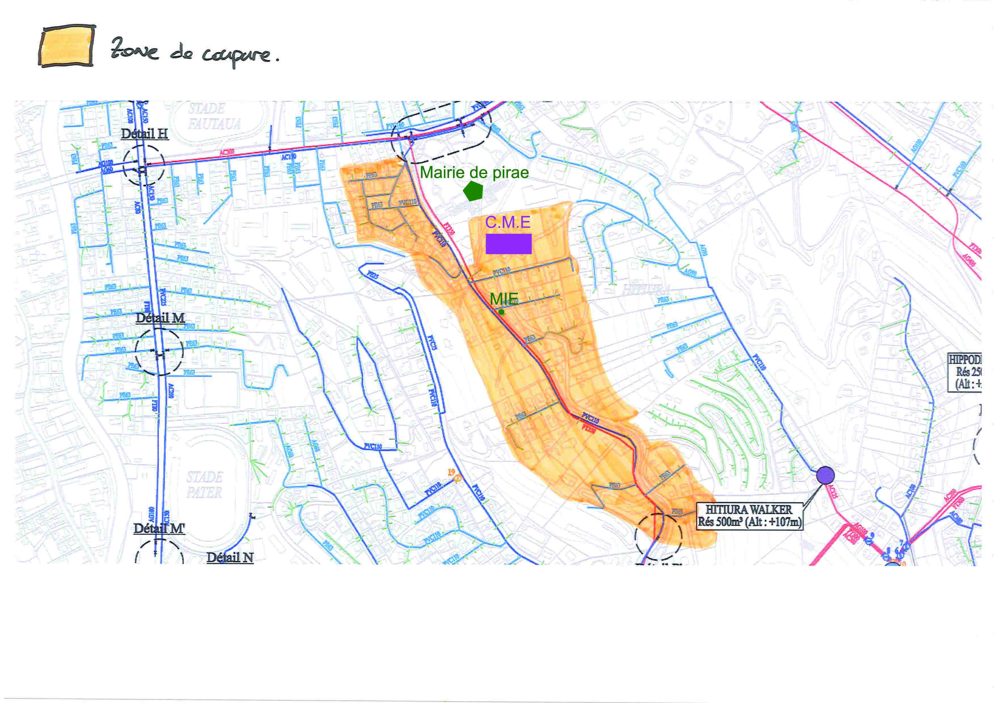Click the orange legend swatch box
pyautogui.click(x=67, y=46)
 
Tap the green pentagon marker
pyautogui.click(x=473, y=191)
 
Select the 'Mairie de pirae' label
pyautogui.click(x=474, y=173)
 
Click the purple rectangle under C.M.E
pyautogui.click(x=508, y=244)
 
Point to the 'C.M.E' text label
pyautogui.click(x=507, y=222)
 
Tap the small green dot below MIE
pyautogui.click(x=501, y=312)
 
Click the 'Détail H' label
pyautogui.click(x=144, y=134)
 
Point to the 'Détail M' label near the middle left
pyautogui.click(x=160, y=318)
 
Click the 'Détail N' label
pyautogui.click(x=230, y=558)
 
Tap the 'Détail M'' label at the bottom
pyautogui.click(x=159, y=528)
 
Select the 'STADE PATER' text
pyautogui.click(x=204, y=485)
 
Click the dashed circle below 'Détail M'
pyautogui.click(x=159, y=352)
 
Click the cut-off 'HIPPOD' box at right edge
pyautogui.click(x=964, y=372)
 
